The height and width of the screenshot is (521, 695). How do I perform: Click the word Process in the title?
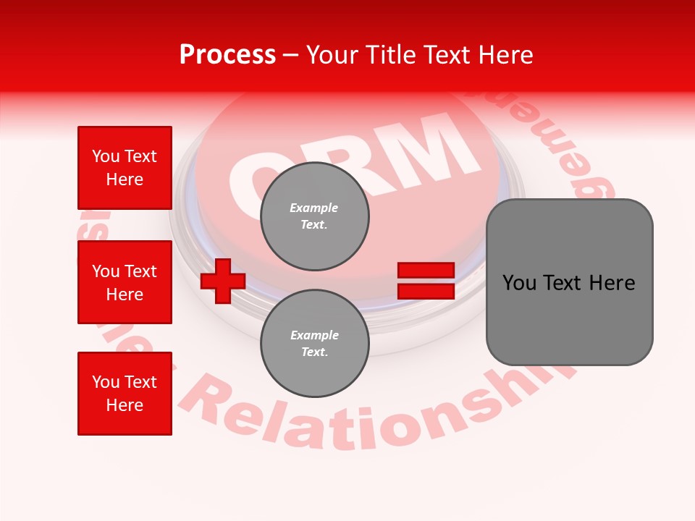[x=227, y=55]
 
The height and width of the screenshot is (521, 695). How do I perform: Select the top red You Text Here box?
[x=125, y=168]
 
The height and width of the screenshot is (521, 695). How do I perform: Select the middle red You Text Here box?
[x=125, y=282]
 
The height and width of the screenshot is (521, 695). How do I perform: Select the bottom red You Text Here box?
[x=125, y=393]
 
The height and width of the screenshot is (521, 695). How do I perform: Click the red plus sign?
[x=223, y=281]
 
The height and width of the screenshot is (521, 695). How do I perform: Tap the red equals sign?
[x=426, y=281]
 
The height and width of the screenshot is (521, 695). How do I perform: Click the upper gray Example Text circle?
[x=314, y=216]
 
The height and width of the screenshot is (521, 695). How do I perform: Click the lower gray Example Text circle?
[x=314, y=343]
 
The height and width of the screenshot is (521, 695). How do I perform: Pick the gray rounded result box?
[x=569, y=282]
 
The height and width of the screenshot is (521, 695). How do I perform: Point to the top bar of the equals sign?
[x=426, y=271]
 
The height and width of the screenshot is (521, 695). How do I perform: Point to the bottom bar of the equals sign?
[x=426, y=291]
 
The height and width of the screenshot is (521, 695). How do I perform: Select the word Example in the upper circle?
[x=314, y=208]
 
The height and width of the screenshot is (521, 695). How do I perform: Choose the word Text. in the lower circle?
[x=314, y=352]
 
